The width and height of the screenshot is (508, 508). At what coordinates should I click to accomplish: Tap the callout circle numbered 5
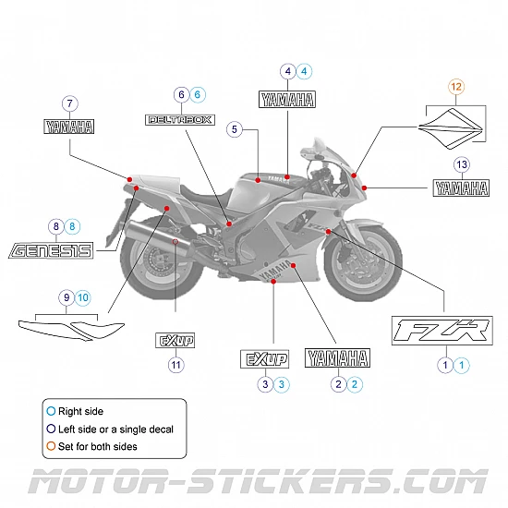(x=236, y=130)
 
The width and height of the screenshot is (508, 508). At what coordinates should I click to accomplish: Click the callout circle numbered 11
(x=175, y=364)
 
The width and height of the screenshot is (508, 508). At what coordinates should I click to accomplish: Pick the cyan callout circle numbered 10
(x=83, y=297)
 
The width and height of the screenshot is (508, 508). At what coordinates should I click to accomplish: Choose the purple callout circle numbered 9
(x=66, y=297)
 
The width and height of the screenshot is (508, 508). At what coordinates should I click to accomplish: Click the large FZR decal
(x=442, y=331)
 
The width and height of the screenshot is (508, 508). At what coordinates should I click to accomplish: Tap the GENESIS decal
(x=51, y=249)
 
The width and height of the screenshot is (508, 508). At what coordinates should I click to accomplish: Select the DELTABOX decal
(x=181, y=119)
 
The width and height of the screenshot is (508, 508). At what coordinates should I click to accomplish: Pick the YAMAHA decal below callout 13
(x=461, y=188)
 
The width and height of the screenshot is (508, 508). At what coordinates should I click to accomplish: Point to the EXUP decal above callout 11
(x=175, y=340)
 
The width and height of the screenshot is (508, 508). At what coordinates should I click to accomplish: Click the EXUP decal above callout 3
(x=265, y=358)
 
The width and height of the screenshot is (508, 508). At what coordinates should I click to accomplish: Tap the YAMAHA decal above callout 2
(x=338, y=358)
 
